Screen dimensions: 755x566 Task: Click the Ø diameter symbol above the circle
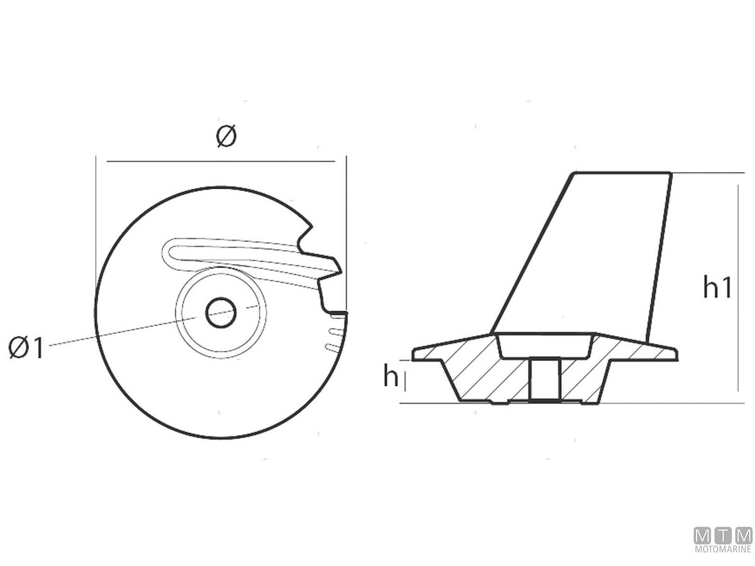pyautogui.click(x=226, y=136)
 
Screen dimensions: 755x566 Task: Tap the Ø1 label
pyautogui.click(x=26, y=347)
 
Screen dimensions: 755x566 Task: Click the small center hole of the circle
pyautogui.click(x=220, y=313)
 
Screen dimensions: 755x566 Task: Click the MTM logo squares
pyautogui.click(x=723, y=536)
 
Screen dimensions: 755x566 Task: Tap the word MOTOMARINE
pyautogui.click(x=723, y=549)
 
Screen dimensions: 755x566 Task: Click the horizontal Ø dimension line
pyautogui.click(x=220, y=161)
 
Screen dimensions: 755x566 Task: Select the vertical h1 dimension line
pyautogui.click(x=738, y=288)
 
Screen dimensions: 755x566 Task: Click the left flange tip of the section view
pyautogui.click(x=414, y=354)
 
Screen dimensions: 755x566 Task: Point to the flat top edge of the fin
pyautogui.click(x=622, y=173)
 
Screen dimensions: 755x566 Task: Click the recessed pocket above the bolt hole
pyautogui.click(x=545, y=346)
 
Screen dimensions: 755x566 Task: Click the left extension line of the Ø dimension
pyautogui.click(x=96, y=234)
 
